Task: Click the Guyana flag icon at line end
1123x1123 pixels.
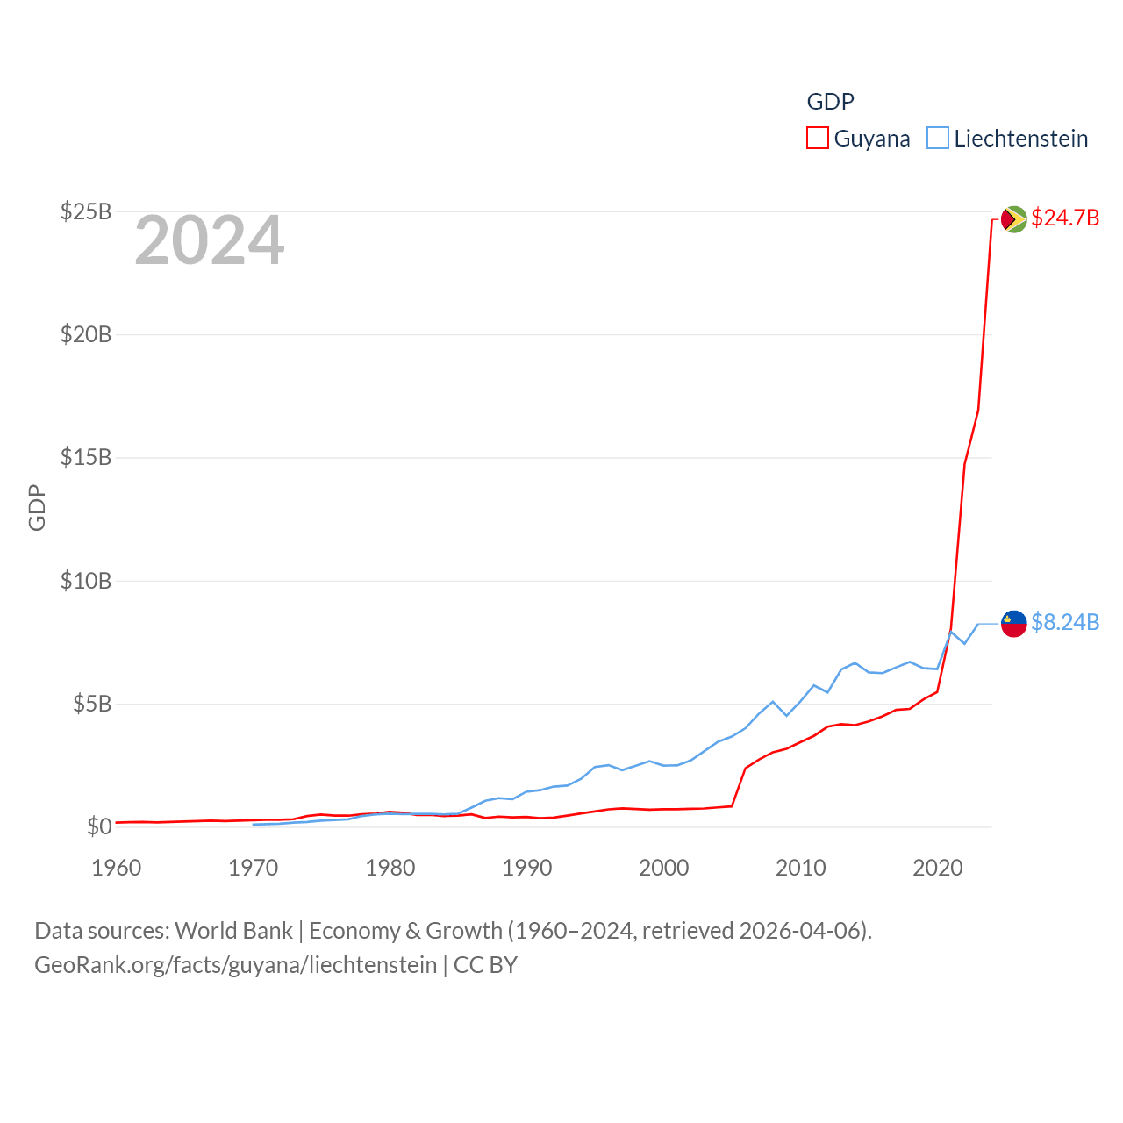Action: [x=1013, y=218]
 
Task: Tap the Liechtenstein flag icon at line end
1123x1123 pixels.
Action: [x=1013, y=623]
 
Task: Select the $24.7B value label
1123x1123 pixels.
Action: [x=1065, y=218]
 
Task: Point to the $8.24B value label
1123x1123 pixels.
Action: [x=1065, y=622]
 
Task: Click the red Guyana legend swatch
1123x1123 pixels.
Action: [x=817, y=139]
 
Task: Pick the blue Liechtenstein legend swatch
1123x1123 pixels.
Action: [x=937, y=139]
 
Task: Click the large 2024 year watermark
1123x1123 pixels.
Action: [x=209, y=240]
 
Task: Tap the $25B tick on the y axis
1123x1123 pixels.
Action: [x=85, y=211]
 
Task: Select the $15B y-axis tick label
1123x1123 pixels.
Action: [x=85, y=457]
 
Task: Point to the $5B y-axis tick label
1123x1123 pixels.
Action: [x=91, y=704]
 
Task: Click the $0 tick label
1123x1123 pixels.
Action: [x=99, y=826]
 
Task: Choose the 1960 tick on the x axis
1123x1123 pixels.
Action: [x=117, y=868]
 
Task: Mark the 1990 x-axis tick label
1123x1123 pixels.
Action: [x=526, y=868]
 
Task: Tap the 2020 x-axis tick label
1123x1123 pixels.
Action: [x=937, y=868]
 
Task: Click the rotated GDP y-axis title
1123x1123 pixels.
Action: [x=37, y=507]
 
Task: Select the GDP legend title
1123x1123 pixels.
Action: [x=830, y=102]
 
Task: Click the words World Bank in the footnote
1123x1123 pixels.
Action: [x=233, y=931]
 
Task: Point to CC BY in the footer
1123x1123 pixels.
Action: [x=485, y=965]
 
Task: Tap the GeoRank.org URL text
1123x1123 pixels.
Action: [x=235, y=965]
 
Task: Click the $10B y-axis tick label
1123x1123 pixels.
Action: [x=85, y=581]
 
